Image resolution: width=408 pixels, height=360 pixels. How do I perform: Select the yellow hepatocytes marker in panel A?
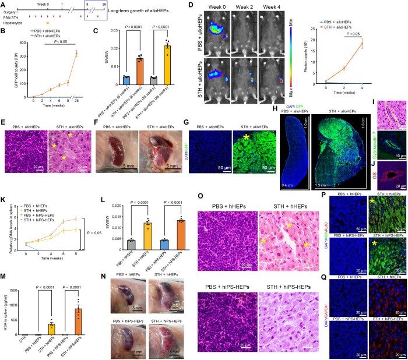[x=48, y=23]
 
